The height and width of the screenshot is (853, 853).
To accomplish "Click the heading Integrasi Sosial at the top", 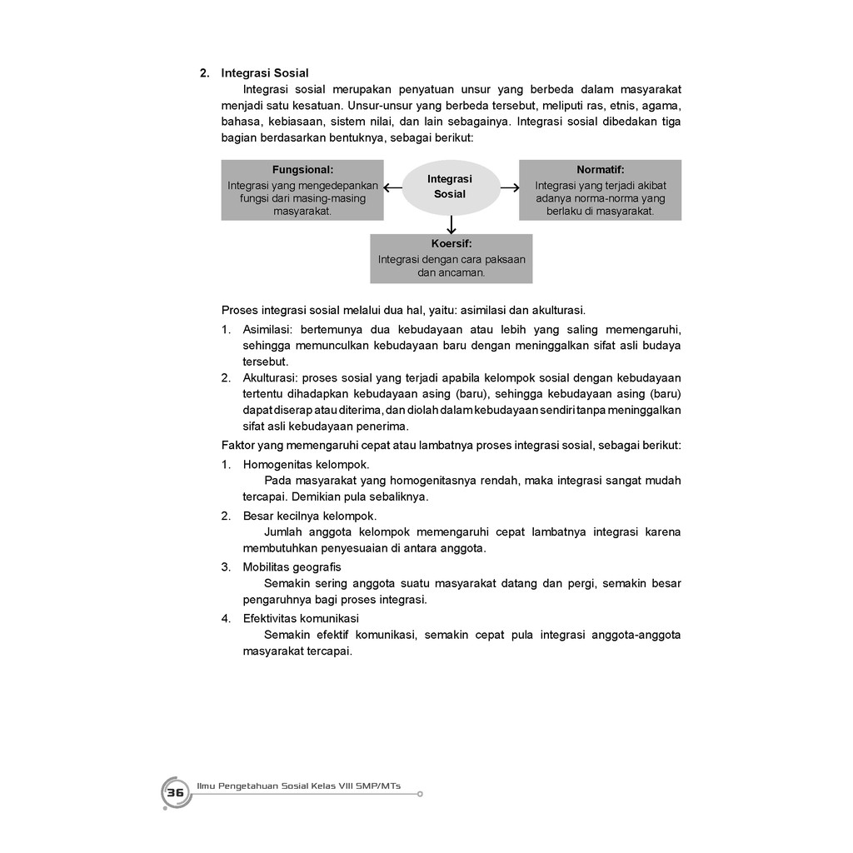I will (x=264, y=73).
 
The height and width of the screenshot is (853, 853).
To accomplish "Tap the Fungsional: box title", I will (x=302, y=169).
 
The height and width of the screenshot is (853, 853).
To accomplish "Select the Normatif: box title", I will (x=600, y=169).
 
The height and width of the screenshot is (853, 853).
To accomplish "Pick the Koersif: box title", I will (x=451, y=244).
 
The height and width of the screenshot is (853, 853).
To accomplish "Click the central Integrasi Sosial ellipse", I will (x=450, y=187).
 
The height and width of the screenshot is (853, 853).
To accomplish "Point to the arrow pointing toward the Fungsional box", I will (x=392, y=188).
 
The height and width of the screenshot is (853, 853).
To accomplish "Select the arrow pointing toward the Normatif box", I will (x=510, y=188).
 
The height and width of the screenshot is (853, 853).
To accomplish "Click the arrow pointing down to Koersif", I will (x=451, y=225).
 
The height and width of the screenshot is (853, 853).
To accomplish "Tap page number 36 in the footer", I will (x=175, y=793).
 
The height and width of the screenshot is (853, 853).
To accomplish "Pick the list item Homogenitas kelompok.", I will (x=306, y=464).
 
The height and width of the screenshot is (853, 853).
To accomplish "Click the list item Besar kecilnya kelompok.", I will (x=309, y=516).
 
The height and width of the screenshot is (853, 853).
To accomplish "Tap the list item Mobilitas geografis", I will (x=292, y=567).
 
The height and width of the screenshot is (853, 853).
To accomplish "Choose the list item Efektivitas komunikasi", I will (x=301, y=618).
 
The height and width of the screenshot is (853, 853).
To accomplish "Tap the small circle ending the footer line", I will (x=420, y=794).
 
